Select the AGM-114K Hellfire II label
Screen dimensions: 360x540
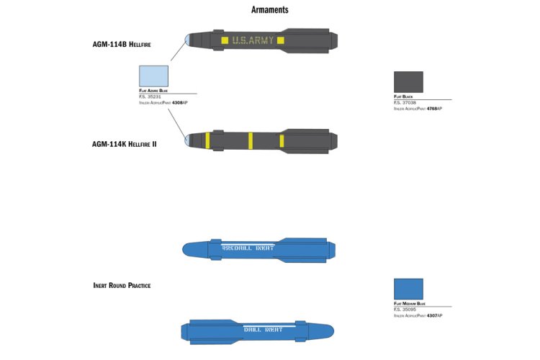[x=125, y=144]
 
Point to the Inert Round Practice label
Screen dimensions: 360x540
[x=122, y=286]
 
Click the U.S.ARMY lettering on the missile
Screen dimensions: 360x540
[x=253, y=40]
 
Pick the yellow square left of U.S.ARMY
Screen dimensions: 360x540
[x=225, y=40]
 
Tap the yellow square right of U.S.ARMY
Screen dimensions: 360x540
[x=281, y=40]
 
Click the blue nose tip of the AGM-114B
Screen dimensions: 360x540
[x=188, y=40]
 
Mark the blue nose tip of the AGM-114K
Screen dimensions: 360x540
[x=187, y=140]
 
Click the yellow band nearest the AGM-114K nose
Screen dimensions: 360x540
[x=207, y=140]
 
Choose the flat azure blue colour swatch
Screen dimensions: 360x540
[x=153, y=76]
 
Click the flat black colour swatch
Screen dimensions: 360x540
[x=408, y=81]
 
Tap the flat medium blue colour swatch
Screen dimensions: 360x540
[x=408, y=289]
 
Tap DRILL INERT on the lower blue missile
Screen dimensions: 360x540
[x=262, y=330]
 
